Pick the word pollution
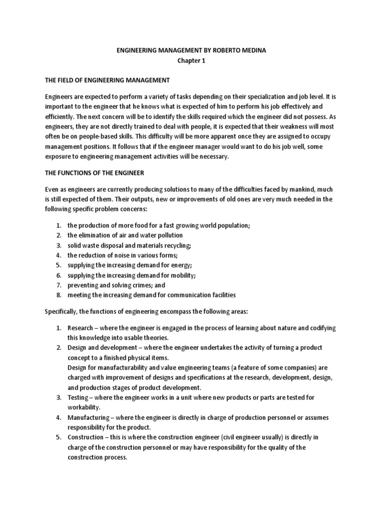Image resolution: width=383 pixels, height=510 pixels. point(168,235)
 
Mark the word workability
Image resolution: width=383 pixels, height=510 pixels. point(85,407)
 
